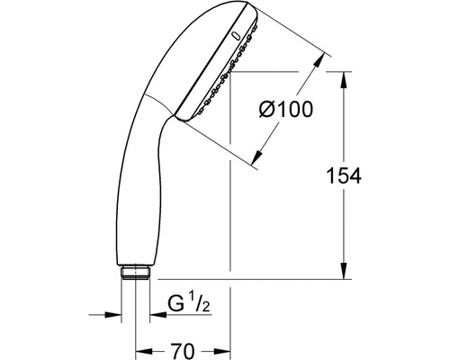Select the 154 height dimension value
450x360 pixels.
click(346, 176)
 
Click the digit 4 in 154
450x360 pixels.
click(359, 176)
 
